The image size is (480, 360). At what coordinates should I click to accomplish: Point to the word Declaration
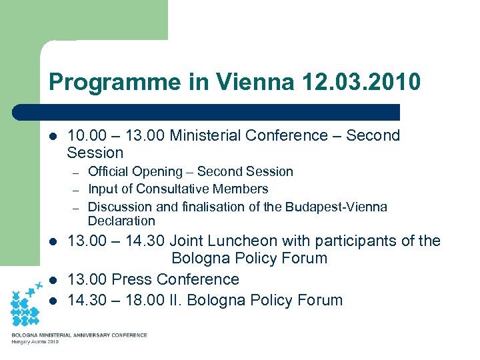tap(121, 221)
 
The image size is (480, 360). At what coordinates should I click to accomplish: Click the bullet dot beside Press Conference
tap(53, 280)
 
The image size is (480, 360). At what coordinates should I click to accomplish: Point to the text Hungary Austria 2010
tap(35, 342)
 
